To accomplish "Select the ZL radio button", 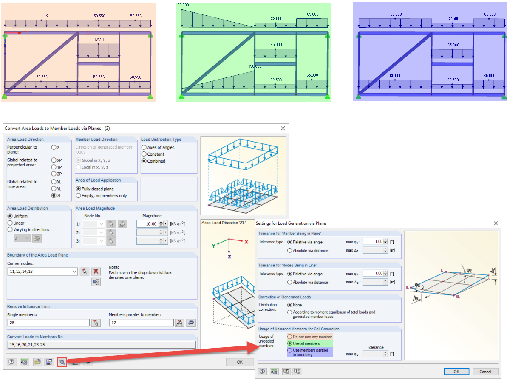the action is [54, 196].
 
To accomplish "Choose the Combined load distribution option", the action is [144, 161].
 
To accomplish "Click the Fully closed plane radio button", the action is [79, 189].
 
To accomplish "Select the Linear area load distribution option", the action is [10, 223].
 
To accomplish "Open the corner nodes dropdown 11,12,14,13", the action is [42, 272].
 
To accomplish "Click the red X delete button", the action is [96, 271].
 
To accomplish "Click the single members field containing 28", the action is [48, 323].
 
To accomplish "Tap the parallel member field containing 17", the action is [141, 323].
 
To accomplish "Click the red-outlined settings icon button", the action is [62, 362].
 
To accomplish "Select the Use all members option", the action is [289, 343].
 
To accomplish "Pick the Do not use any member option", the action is [289, 337].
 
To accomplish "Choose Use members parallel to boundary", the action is [289, 350].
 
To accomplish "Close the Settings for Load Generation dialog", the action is [496, 223].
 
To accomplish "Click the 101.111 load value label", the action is [99, 40].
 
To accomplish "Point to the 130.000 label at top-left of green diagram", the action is [183, 5].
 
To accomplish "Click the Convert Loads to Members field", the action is [102, 345].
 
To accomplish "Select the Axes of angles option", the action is [144, 147].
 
